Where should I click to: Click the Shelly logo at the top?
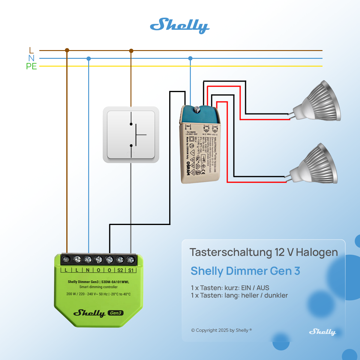180,25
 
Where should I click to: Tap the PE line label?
31,66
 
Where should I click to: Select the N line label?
31,58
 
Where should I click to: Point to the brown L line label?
31,50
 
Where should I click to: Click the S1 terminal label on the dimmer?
131,270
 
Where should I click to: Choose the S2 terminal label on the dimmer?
120,270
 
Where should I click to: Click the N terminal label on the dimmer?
88,270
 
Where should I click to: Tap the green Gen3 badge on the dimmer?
115,313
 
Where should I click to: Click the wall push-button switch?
131,135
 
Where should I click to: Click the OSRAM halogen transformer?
199,147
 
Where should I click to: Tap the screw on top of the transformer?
197,109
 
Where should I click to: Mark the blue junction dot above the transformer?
190,58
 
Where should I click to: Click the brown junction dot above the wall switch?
131,51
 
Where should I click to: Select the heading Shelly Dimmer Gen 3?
245,271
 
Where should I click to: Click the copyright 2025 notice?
221,330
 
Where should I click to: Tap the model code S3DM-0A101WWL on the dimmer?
115,282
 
